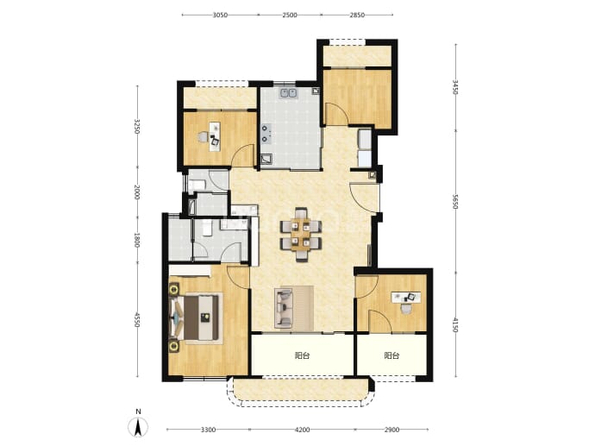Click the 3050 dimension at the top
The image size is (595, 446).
220,16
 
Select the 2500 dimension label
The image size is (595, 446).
290,16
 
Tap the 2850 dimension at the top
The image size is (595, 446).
357,16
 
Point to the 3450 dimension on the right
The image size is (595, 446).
456,87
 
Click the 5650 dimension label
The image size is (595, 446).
456,201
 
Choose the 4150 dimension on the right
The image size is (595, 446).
456,325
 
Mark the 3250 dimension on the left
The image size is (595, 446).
137,127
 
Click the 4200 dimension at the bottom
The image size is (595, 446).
303,430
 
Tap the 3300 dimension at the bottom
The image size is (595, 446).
209,430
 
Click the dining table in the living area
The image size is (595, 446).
301,235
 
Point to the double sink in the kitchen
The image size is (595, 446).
288,92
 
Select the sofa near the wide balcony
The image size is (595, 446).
284,308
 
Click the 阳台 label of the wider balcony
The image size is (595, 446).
302,355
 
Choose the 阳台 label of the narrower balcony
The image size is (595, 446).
391,355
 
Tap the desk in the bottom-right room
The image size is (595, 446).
406,297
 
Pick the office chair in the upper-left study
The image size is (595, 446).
204,136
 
